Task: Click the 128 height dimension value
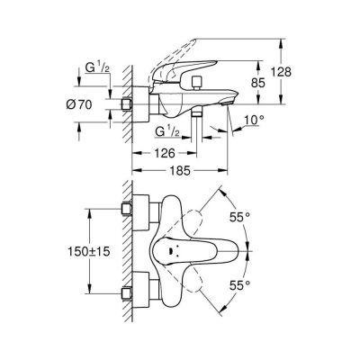point(281,72)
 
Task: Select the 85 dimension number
point(257,83)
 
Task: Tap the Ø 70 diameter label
point(78,104)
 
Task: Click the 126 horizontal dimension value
point(164,153)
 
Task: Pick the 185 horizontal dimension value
point(180,171)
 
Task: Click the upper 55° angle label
point(239,217)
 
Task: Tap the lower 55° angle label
point(239,285)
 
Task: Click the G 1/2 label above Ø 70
point(97,68)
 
